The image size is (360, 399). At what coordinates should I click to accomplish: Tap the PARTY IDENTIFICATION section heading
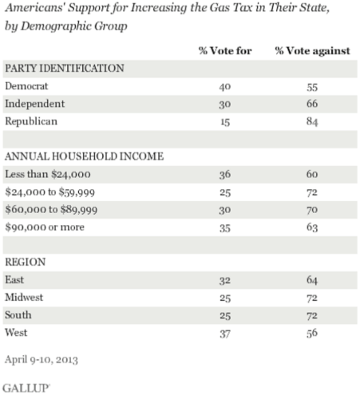point(64,68)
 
